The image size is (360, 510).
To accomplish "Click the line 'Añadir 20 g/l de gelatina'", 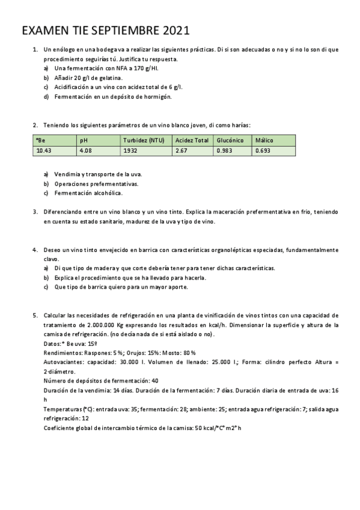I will [88, 78].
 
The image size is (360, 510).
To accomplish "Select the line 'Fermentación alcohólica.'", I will [88, 193].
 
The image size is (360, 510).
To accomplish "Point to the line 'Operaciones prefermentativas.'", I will [96, 183].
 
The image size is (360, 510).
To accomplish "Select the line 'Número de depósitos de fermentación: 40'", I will [101, 381].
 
